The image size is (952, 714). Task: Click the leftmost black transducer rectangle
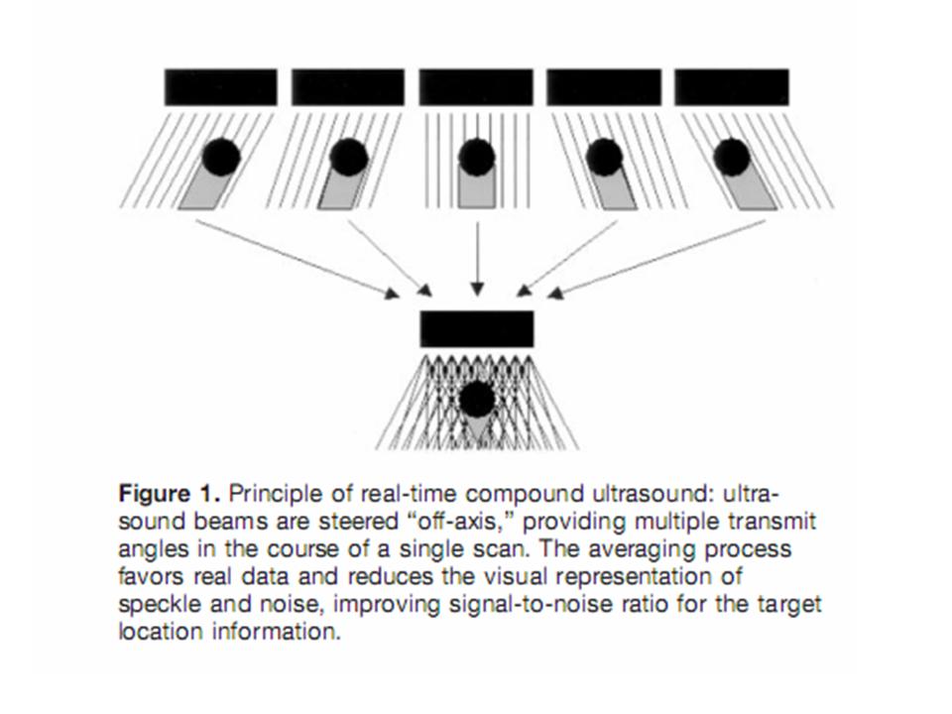point(220,87)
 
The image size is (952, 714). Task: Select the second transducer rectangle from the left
point(348,87)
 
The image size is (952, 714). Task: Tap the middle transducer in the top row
point(476,87)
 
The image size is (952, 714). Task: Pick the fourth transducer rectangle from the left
point(604,87)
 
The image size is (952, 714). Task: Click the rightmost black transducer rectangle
point(732,87)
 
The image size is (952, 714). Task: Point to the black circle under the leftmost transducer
point(221,157)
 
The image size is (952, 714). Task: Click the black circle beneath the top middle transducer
point(477,157)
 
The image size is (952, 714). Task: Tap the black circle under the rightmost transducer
point(732,157)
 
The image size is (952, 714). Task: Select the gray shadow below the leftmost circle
point(204,189)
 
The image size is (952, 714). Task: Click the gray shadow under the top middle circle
point(477,189)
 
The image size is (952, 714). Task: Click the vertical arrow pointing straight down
point(477,259)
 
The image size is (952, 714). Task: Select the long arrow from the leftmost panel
point(297,259)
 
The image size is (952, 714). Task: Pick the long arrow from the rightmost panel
point(656,259)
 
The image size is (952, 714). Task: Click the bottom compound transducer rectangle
point(477,329)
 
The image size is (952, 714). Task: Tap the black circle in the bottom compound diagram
point(477,400)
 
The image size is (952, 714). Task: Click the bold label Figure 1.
point(169,493)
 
